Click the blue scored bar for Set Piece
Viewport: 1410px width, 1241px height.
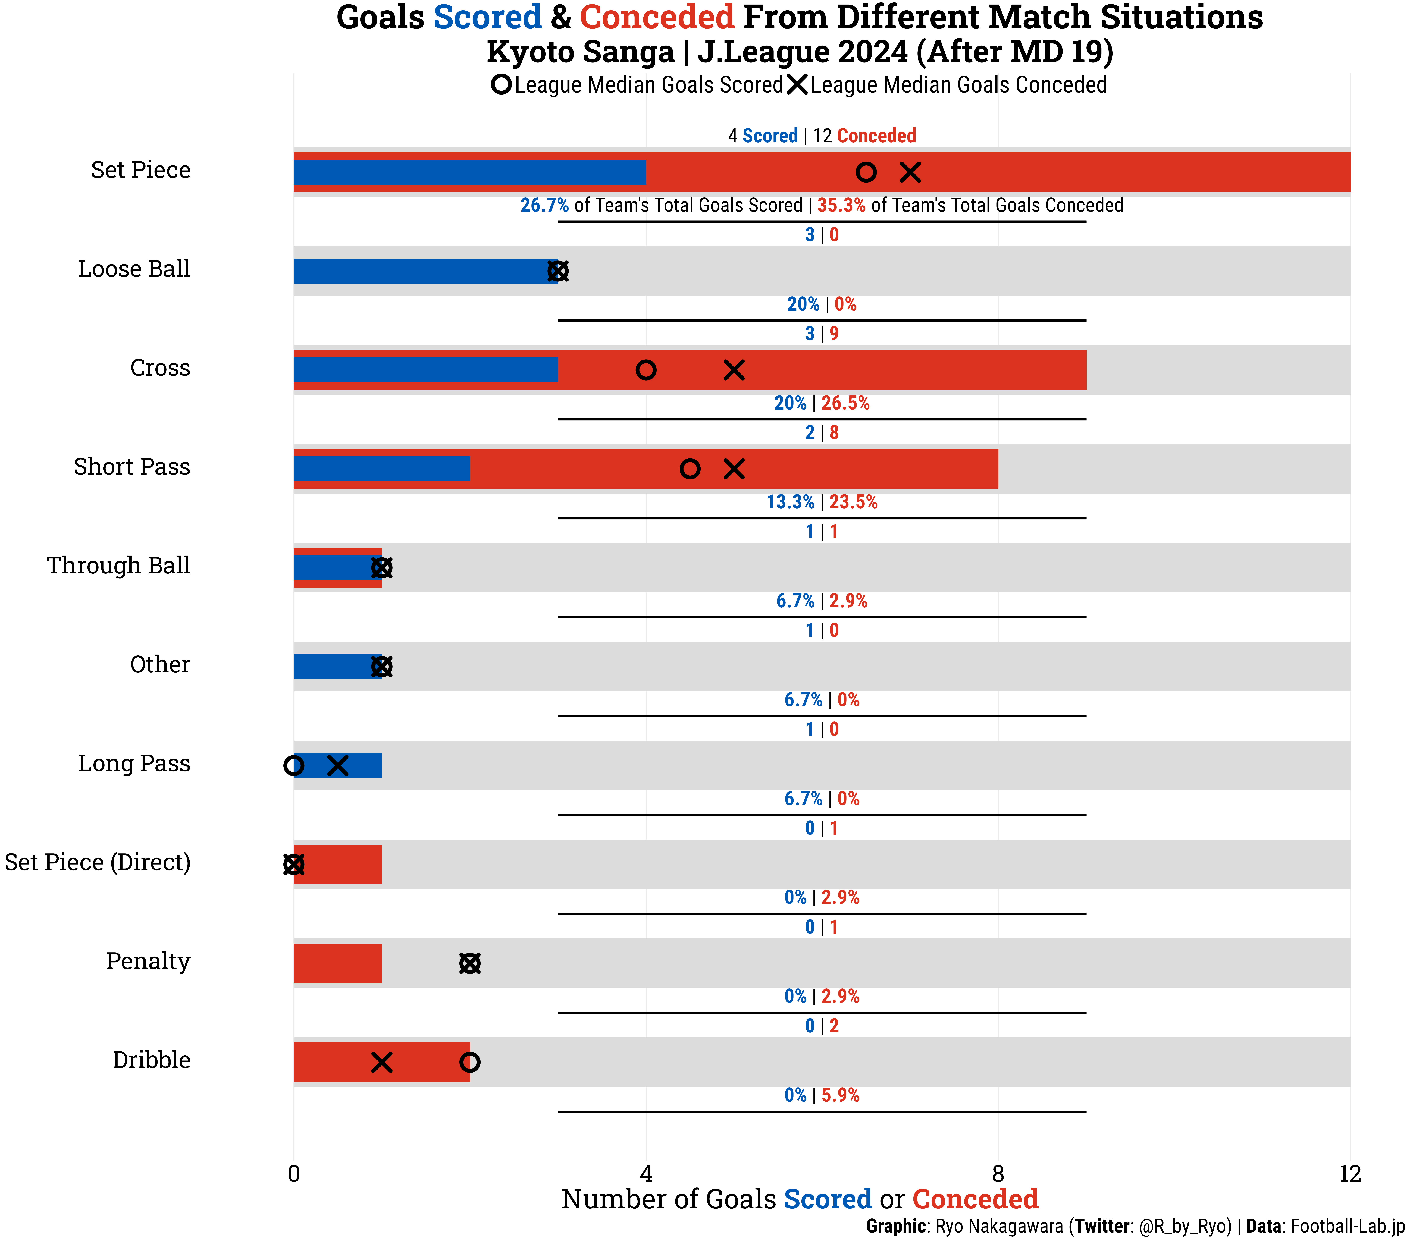point(469,172)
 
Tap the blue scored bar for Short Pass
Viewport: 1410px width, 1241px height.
point(381,468)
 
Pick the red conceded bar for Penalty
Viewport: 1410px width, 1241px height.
point(337,963)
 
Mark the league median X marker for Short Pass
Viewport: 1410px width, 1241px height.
point(734,469)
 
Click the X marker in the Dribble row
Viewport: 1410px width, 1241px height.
point(381,1062)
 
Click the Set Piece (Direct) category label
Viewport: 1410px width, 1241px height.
point(97,862)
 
